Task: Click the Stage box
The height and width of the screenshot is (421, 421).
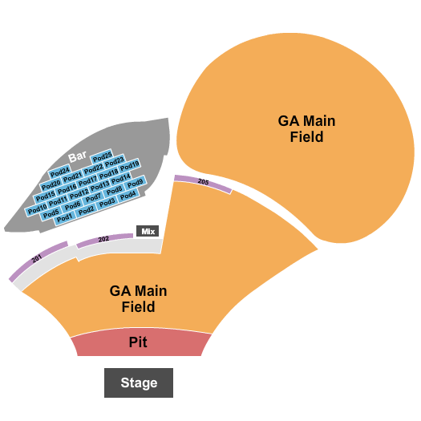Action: [139, 383]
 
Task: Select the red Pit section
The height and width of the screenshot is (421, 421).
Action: [138, 343]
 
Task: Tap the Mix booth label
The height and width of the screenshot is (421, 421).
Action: [148, 231]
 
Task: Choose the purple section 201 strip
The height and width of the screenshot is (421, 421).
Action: [37, 260]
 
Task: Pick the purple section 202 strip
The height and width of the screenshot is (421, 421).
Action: [103, 240]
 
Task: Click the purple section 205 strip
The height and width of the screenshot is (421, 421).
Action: [203, 183]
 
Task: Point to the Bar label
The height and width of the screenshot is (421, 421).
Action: [77, 158]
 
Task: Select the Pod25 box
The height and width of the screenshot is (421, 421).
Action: [102, 156]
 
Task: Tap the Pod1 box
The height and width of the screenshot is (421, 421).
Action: [65, 217]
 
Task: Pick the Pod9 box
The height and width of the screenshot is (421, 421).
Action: [135, 184]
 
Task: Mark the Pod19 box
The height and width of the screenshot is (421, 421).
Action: [130, 166]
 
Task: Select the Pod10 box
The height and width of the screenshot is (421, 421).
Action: [37, 210]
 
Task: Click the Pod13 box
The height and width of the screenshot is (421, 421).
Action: [99, 185]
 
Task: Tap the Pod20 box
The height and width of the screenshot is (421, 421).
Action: [51, 184]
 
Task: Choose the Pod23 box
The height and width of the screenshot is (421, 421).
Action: [115, 160]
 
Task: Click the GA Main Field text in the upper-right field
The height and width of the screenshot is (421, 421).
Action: [306, 129]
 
